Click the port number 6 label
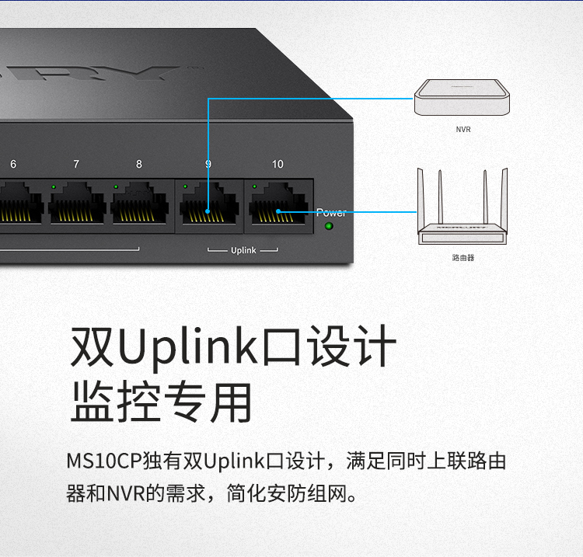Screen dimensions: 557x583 (12, 165)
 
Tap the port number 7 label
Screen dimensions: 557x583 (76, 165)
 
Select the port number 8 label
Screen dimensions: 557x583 (139, 165)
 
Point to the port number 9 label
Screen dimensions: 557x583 (208, 165)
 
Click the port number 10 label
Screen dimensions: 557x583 (278, 165)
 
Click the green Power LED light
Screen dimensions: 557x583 (328, 227)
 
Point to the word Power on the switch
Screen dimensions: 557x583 (331, 212)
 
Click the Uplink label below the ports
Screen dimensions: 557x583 (243, 251)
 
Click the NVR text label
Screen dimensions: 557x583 (463, 130)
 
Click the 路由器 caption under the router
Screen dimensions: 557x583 (463, 257)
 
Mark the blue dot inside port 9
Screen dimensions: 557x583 (208, 211)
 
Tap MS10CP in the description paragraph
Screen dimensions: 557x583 (103, 461)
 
